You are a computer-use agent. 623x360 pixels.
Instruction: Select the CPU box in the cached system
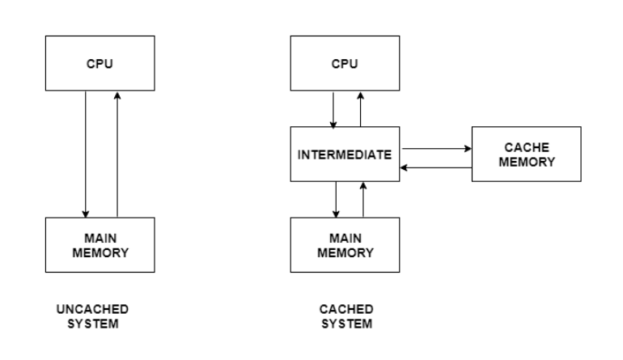[x=345, y=64]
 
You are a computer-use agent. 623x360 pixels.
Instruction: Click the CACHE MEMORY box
[x=526, y=154]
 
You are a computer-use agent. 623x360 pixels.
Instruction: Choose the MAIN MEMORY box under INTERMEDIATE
[x=345, y=245]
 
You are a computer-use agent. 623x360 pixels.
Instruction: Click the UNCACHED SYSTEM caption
[x=92, y=316]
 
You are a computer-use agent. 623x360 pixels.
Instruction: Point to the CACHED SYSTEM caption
[x=346, y=316]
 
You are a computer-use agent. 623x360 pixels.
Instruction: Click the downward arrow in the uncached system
[x=86, y=154]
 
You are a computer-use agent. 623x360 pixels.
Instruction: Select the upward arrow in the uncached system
[x=118, y=154]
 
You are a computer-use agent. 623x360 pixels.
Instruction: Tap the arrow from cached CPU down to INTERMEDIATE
[x=333, y=108]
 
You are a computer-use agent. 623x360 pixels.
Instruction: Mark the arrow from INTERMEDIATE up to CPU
[x=361, y=108]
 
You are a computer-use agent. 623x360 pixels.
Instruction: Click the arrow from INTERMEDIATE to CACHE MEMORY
[x=437, y=148]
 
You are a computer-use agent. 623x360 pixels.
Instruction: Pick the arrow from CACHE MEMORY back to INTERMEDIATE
[x=437, y=167]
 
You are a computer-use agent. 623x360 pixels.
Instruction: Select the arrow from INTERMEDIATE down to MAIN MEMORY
[x=335, y=199]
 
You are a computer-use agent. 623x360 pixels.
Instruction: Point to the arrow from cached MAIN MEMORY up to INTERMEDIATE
[x=363, y=199]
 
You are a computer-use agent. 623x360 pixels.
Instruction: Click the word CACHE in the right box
[x=526, y=147]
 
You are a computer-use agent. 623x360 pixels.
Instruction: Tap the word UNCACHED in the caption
[x=92, y=309]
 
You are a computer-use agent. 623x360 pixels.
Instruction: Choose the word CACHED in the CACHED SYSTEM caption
[x=346, y=309]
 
